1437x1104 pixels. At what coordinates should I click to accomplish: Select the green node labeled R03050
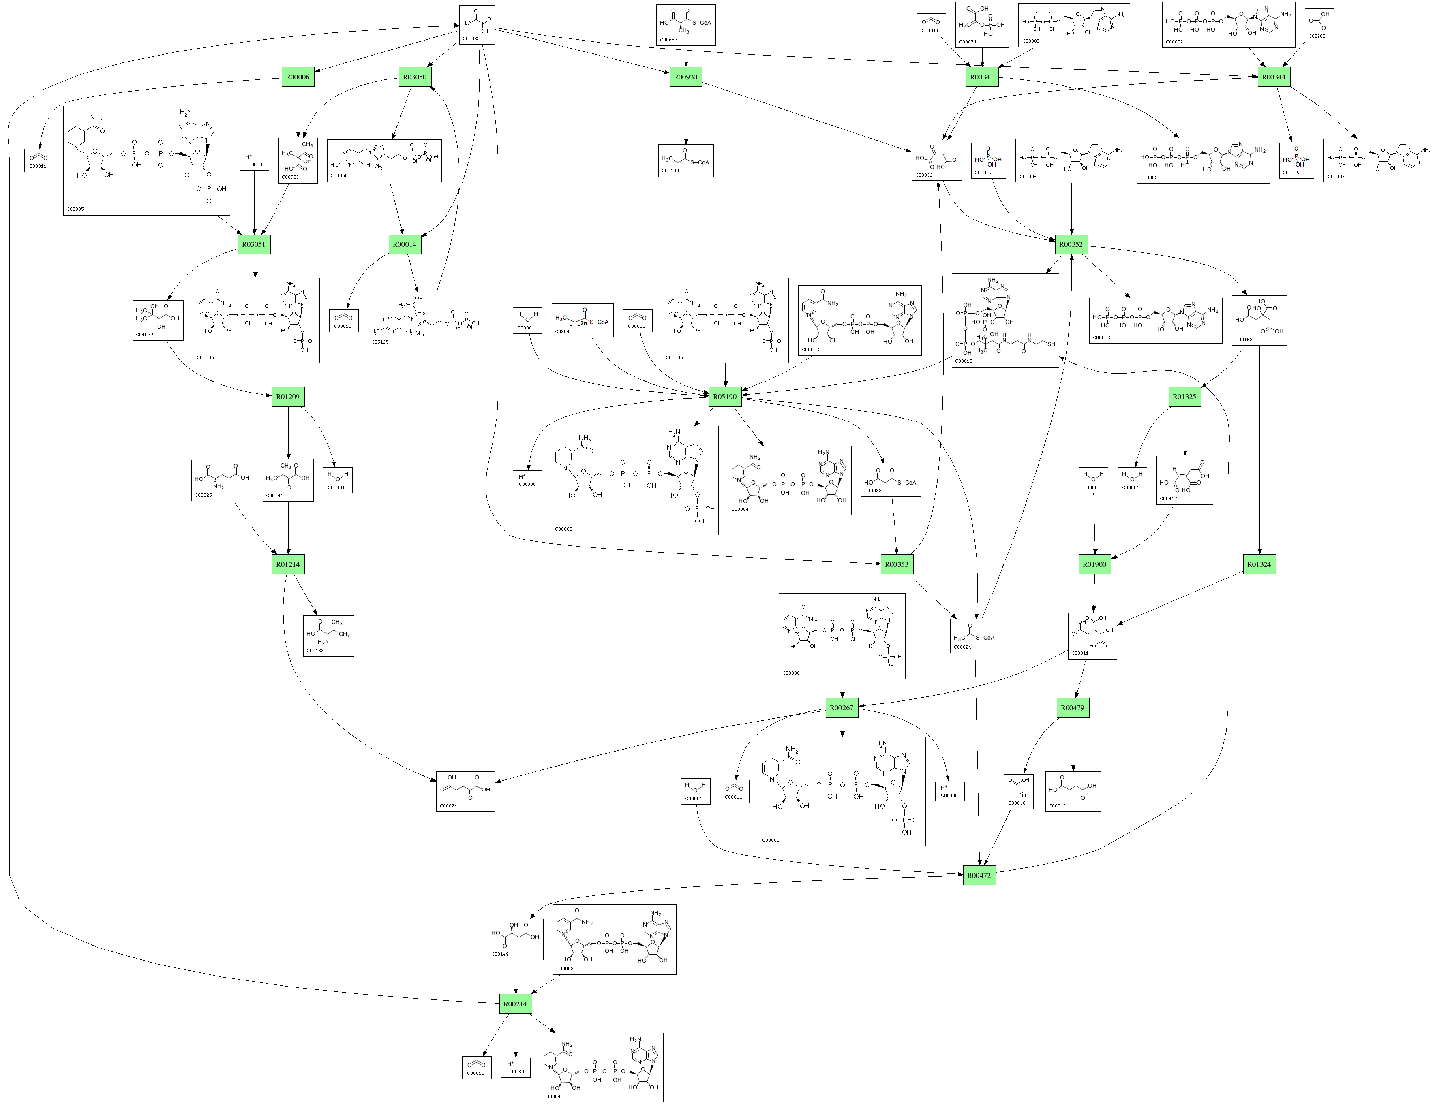[414, 77]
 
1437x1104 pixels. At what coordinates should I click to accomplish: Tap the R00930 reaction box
[685, 77]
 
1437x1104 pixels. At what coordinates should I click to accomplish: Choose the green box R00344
[1273, 77]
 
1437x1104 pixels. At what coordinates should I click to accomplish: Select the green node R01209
[288, 397]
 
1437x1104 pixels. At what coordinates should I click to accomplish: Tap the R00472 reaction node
[979, 876]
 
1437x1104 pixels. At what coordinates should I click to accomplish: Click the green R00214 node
[515, 1004]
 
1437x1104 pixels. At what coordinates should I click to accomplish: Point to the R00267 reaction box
[842, 708]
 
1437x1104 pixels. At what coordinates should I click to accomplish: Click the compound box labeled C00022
[477, 25]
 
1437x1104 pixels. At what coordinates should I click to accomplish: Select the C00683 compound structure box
[685, 25]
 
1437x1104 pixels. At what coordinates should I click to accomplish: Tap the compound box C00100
[685, 161]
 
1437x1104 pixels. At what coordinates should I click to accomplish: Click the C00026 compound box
[465, 791]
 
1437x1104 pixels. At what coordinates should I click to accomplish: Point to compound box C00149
[515, 939]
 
